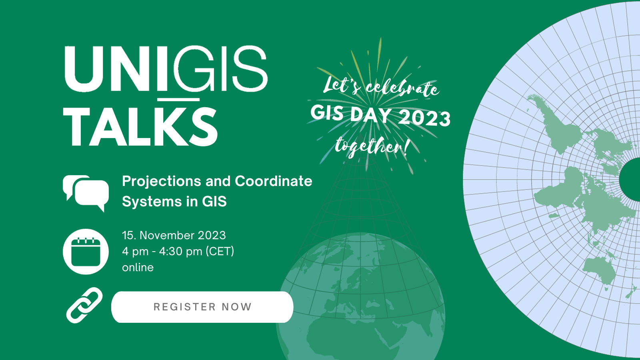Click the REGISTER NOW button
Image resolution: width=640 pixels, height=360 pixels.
[x=202, y=307]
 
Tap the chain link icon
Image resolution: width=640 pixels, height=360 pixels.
[x=84, y=306]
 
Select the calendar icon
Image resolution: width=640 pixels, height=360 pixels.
[x=86, y=252]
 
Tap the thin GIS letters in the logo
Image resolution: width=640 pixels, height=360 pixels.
[x=220, y=69]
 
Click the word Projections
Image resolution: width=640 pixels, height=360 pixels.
[x=162, y=182]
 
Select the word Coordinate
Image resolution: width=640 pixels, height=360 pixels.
[x=274, y=181]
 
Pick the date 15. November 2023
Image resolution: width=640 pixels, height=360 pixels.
[x=174, y=236]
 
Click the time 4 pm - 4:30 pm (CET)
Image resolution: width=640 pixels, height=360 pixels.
[x=178, y=252]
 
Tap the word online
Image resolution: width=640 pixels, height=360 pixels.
[x=138, y=268]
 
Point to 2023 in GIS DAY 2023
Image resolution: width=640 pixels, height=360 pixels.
[x=424, y=118]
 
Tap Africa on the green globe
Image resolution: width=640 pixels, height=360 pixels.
[x=343, y=337]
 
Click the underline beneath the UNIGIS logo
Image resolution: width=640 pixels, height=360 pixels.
[x=178, y=100]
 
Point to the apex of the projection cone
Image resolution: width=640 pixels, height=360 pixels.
[x=360, y=134]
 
